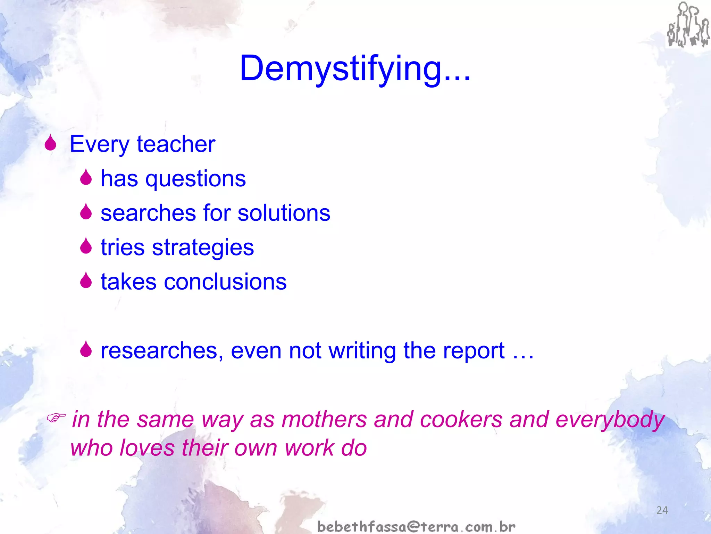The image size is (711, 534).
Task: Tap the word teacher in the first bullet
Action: (x=176, y=144)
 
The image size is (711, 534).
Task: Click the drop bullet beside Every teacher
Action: (x=51, y=143)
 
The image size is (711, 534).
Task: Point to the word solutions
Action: (x=284, y=213)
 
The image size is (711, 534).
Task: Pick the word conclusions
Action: (x=225, y=282)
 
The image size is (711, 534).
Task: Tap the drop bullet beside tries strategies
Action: (x=86, y=246)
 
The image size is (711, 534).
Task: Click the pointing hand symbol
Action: (x=56, y=418)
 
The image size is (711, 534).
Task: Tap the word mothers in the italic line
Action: (x=324, y=419)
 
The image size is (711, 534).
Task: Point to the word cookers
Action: (x=461, y=419)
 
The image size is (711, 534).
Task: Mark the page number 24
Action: (x=662, y=510)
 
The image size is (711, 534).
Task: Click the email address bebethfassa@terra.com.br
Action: (x=416, y=527)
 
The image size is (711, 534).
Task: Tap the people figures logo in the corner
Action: (x=688, y=25)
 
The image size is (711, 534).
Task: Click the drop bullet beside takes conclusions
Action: (x=86, y=281)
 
